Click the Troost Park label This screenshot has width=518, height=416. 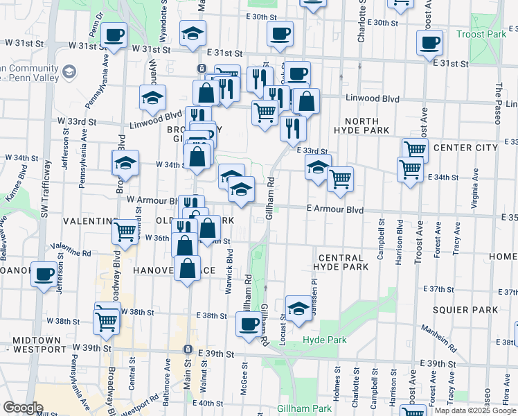[482, 34]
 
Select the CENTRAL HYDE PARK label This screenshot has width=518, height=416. [340, 262]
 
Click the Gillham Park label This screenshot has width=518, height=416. [305, 408]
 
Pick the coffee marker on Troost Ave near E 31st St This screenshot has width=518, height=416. [429, 42]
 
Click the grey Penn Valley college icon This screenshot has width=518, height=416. [69, 71]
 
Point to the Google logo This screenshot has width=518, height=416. [23, 408]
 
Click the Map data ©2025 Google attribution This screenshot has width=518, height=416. [474, 410]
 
